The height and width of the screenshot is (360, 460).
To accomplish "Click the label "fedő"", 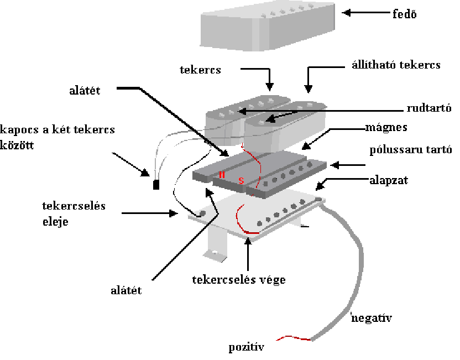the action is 404,14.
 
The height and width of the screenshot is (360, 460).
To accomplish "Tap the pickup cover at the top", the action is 268,27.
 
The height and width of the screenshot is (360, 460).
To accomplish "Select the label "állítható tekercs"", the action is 396,65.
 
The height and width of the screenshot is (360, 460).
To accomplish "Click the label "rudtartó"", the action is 429,108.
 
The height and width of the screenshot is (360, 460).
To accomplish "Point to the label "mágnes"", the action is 386,128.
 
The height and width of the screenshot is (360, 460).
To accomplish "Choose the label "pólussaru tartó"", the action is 411,150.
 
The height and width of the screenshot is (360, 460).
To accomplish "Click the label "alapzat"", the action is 389,180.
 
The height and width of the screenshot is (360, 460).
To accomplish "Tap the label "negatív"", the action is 372,318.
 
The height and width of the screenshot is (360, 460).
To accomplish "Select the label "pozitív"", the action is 247,347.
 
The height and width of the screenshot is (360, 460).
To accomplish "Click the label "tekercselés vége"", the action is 239,280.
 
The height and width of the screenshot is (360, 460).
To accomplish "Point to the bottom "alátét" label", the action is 126,290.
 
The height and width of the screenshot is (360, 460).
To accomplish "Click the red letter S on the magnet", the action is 241,180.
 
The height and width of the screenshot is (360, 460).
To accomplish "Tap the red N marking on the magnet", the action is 222,175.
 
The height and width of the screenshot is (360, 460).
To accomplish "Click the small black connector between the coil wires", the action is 156,185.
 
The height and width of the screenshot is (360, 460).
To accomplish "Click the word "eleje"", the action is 55,222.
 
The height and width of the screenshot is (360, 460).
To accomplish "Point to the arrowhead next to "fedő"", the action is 346,13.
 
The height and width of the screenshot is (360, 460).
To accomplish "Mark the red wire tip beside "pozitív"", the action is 277,340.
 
